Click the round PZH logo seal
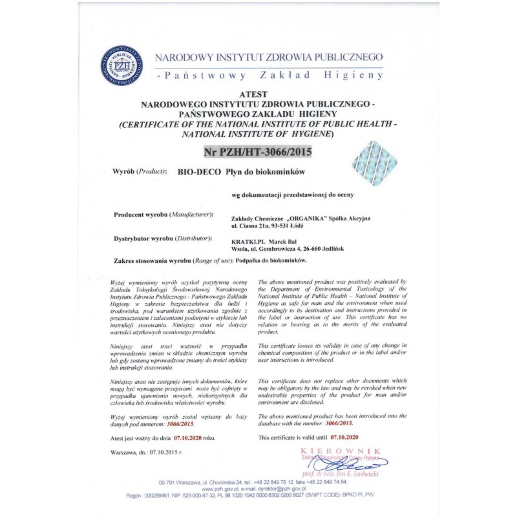(121, 65)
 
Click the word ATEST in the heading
(257, 94)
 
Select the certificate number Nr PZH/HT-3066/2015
(257, 153)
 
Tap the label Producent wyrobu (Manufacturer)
(164, 213)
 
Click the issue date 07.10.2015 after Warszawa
(164, 453)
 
